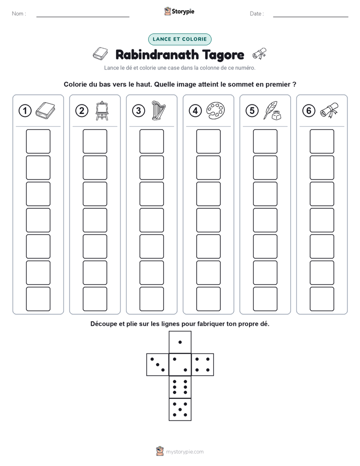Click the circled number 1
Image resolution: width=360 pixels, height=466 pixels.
(25, 111)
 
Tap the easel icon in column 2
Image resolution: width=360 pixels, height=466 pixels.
(102, 111)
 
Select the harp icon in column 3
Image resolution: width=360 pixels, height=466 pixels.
(158, 110)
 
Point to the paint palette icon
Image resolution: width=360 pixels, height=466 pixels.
(215, 110)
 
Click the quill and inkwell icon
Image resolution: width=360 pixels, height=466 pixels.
(272, 110)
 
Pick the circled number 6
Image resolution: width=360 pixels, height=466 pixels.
(309, 111)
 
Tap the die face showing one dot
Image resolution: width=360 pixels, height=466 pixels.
(180, 342)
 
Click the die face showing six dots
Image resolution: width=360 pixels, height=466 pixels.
(180, 387)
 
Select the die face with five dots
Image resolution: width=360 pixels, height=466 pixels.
(180, 410)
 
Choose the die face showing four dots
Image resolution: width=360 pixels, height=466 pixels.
(203, 365)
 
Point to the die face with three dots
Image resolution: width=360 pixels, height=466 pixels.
(158, 365)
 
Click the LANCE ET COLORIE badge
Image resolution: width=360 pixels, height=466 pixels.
(179, 39)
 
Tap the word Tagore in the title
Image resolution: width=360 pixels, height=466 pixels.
(219, 55)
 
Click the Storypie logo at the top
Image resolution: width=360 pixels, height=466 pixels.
(179, 12)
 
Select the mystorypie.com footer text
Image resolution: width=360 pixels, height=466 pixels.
(185, 452)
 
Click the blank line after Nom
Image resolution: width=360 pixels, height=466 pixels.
(83, 17)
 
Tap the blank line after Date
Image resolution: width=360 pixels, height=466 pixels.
(311, 17)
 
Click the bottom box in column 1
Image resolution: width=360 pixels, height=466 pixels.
(38, 299)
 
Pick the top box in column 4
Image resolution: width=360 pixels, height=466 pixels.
(209, 141)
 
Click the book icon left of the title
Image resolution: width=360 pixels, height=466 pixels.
(100, 54)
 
